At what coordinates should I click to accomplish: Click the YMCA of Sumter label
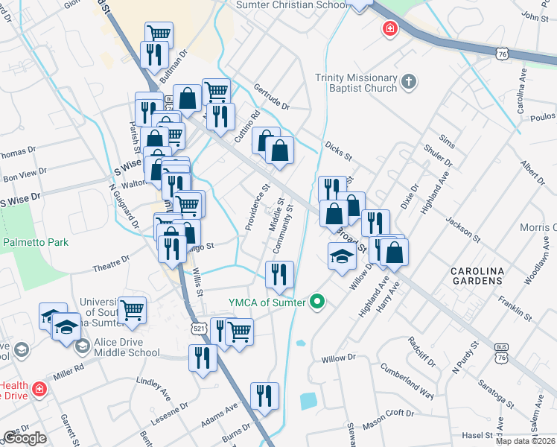[x=267, y=302]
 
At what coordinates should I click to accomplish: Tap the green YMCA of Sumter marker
[x=318, y=302]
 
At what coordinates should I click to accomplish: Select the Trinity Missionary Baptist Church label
[x=356, y=83]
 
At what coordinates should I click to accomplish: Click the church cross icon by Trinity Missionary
[x=408, y=80]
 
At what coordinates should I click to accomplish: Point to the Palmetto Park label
[x=35, y=242]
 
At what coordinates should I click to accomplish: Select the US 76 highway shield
[x=503, y=52]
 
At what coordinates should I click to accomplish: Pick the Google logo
[x=25, y=439]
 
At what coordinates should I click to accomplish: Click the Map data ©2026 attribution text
[x=524, y=441]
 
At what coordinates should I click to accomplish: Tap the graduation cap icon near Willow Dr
[x=342, y=256]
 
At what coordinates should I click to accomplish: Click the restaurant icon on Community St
[x=280, y=273]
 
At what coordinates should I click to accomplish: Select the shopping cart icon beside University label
[x=132, y=309]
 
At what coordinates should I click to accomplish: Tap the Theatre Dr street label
[x=111, y=263]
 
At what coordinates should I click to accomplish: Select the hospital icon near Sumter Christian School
[x=389, y=30]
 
